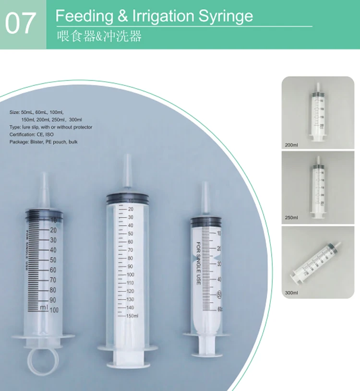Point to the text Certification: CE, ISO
(x=32, y=135)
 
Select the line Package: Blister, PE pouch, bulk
(x=43, y=142)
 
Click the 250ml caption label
(x=291, y=217)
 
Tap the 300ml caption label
(x=291, y=292)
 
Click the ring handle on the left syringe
(x=43, y=359)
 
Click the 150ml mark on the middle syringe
(x=132, y=316)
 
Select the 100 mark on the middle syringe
(x=130, y=275)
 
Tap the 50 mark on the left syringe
(x=53, y=260)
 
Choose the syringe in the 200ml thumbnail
(x=317, y=113)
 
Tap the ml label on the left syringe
(x=44, y=308)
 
